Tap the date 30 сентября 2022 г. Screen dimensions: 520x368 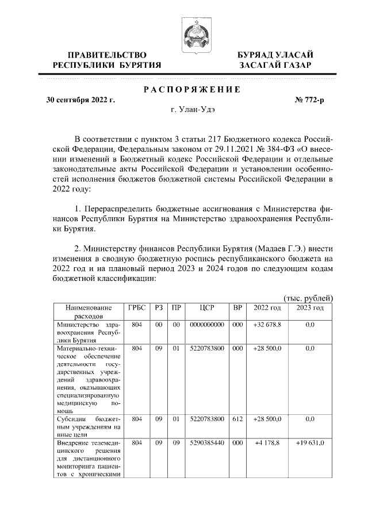tap(80, 100)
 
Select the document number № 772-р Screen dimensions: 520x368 tap(309, 100)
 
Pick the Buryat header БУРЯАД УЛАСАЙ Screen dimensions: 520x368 tap(275, 55)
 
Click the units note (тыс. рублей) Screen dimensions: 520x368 tap(309, 298)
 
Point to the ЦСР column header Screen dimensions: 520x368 tap(207, 308)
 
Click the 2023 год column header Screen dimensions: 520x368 tap(310, 308)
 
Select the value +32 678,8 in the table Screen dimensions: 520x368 tap(267, 325)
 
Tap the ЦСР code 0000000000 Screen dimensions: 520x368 tap(207, 325)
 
